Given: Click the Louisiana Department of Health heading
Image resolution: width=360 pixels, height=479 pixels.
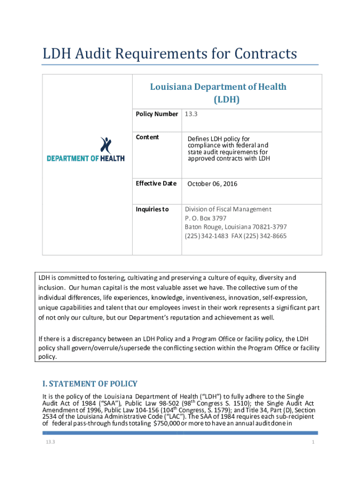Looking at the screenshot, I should [218, 87].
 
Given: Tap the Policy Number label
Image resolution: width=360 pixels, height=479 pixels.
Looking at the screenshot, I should [157, 114].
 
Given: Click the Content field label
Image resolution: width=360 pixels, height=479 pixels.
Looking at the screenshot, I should [147, 137].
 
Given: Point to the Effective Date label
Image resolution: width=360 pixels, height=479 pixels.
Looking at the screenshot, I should [156, 183].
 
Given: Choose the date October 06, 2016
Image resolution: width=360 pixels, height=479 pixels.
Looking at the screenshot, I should [212, 184].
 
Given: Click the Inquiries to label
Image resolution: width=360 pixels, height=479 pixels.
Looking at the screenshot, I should [152, 209].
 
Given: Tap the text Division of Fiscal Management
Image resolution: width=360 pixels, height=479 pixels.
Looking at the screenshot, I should [228, 209].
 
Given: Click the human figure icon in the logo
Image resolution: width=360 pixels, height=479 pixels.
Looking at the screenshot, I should [106, 145].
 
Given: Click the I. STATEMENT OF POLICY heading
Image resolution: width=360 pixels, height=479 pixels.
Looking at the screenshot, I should [90, 384].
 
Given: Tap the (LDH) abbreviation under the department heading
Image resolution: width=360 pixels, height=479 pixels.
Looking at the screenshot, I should [227, 99].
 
